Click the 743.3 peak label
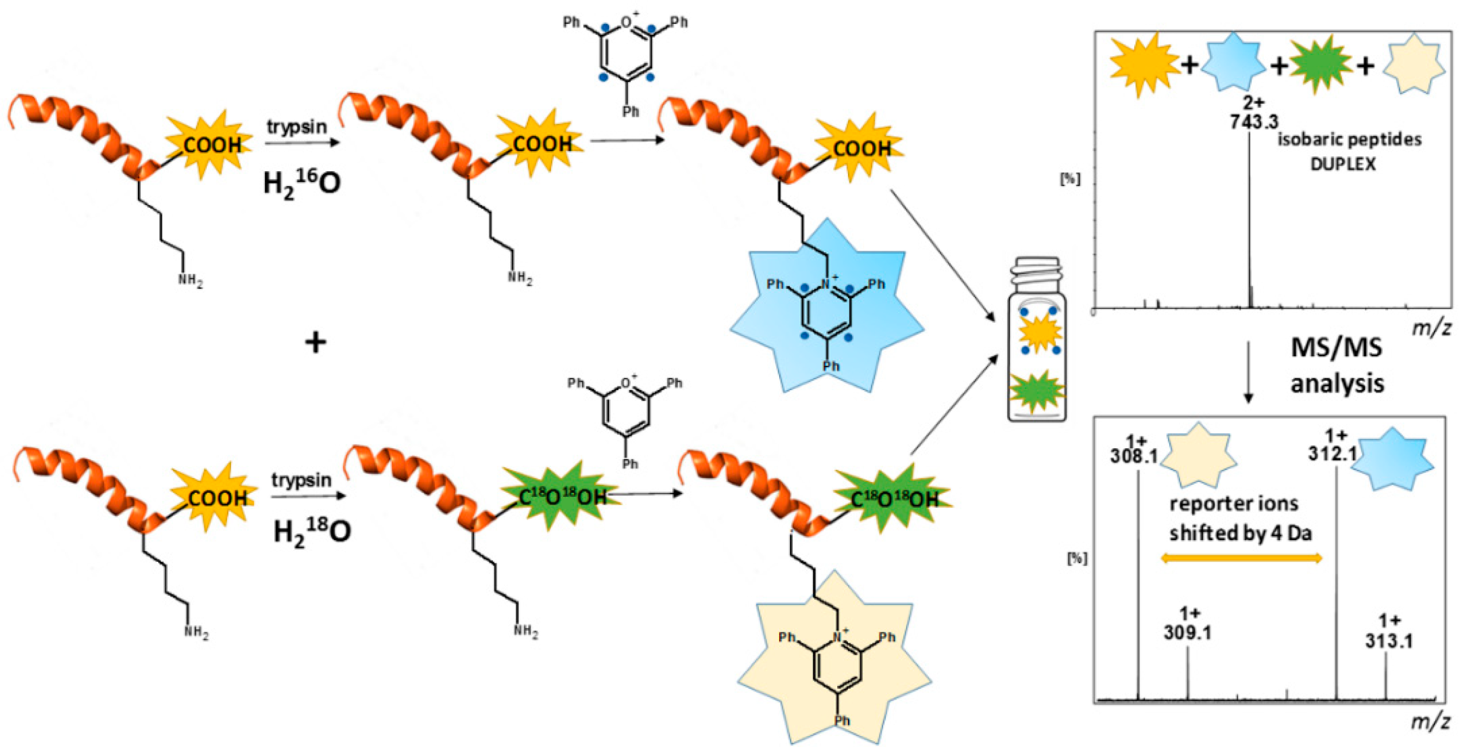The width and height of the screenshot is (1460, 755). [1253, 121]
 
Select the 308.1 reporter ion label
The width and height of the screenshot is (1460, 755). [1134, 456]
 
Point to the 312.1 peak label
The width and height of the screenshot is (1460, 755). [1333, 452]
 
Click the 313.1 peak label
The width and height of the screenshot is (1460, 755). [1389, 640]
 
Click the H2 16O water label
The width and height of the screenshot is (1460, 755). [302, 183]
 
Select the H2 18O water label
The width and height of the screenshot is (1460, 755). [312, 532]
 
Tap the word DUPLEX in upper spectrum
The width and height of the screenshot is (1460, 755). [1342, 164]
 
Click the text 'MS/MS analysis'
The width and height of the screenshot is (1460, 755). [1337, 365]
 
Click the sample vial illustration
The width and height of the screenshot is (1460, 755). [1036, 341]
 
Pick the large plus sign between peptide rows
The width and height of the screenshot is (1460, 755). [316, 342]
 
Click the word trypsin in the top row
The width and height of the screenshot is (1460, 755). [297, 126]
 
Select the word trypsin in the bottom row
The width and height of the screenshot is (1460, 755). [301, 480]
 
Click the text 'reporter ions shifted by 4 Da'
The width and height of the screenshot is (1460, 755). [1241, 518]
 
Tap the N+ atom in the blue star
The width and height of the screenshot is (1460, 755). [828, 281]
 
